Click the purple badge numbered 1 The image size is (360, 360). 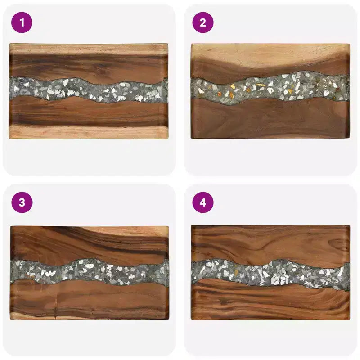coord(22,22)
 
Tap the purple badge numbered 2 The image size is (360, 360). coord(203,22)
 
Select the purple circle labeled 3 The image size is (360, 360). coord(22,202)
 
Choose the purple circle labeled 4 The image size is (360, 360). coord(203,202)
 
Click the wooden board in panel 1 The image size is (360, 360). coord(89,91)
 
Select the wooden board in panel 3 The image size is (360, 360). coord(90,273)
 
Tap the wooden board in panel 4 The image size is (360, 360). coord(270,273)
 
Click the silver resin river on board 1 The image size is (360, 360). coord(89,90)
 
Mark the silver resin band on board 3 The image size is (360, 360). coord(90,272)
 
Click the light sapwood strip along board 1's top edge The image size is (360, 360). coord(89,49)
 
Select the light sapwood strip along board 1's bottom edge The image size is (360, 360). coord(89,133)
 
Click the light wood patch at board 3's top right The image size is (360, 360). coord(129,231)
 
